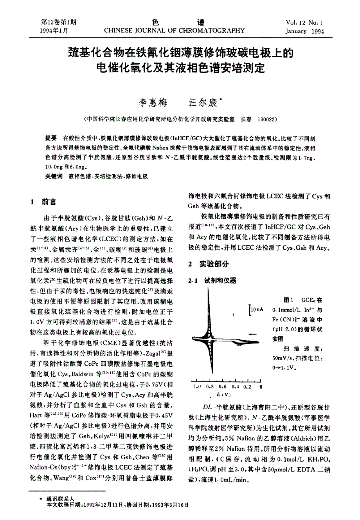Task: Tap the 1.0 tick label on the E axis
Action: tap(198, 386)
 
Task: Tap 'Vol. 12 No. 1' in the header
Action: tap(305, 23)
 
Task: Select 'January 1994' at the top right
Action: tap(305, 31)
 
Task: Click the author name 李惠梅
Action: tap(153, 103)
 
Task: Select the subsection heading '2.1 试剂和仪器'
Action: tap(212, 281)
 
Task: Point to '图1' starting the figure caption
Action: tap(288, 300)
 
